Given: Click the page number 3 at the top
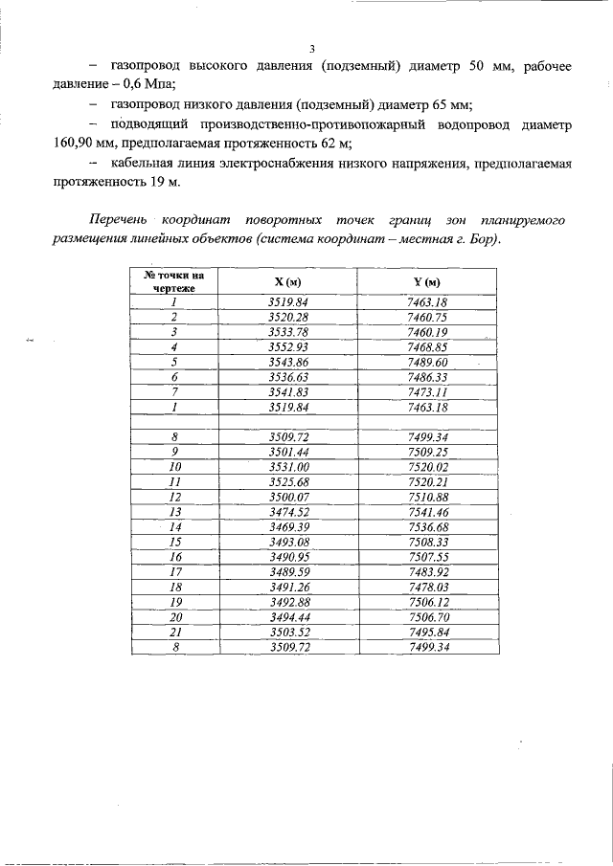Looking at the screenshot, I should click(x=312, y=50).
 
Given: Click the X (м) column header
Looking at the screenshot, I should click(x=287, y=281).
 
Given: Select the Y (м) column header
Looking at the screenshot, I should click(x=427, y=281).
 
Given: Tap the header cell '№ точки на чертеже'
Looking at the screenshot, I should click(x=175, y=281).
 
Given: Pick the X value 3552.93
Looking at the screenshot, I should click(x=287, y=346).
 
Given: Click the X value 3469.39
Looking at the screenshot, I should click(x=287, y=526).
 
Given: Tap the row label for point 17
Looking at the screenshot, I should click(x=175, y=571).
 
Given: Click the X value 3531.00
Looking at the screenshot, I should click(x=287, y=467).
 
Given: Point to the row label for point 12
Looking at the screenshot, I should click(x=175, y=497).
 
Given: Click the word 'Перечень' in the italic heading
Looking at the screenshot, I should click(x=121, y=220).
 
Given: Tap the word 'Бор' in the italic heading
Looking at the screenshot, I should click(x=480, y=237).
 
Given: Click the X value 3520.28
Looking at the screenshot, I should click(x=287, y=317).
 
